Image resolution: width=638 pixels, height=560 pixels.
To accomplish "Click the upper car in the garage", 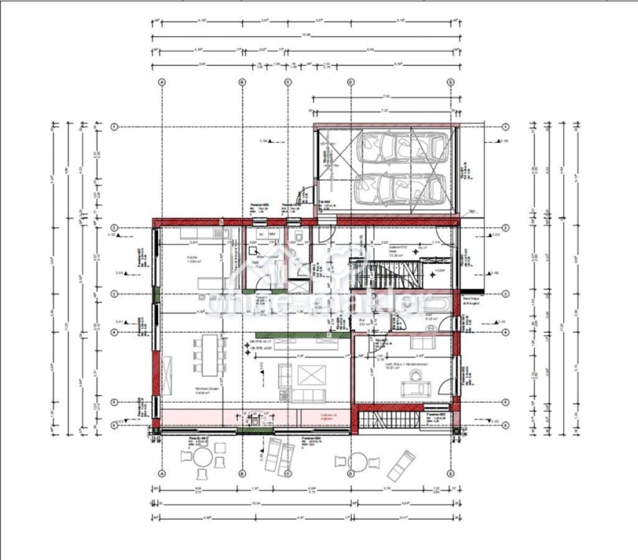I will [x=400, y=148].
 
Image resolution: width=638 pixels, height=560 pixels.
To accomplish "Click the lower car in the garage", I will [x=400, y=189].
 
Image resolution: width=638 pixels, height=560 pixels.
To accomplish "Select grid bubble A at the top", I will [x=162, y=82].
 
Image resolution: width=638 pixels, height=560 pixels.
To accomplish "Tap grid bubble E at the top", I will [x=451, y=82].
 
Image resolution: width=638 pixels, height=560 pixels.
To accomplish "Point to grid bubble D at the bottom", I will [x=351, y=473].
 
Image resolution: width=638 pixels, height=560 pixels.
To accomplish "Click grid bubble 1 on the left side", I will [x=114, y=127].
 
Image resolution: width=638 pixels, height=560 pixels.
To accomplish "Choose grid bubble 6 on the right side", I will [x=506, y=424].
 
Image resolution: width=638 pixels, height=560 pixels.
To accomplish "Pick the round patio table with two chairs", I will [x=357, y=461].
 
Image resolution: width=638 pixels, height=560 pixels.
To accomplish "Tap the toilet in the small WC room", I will [x=300, y=238].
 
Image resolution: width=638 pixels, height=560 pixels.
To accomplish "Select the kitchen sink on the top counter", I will [x=222, y=235].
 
